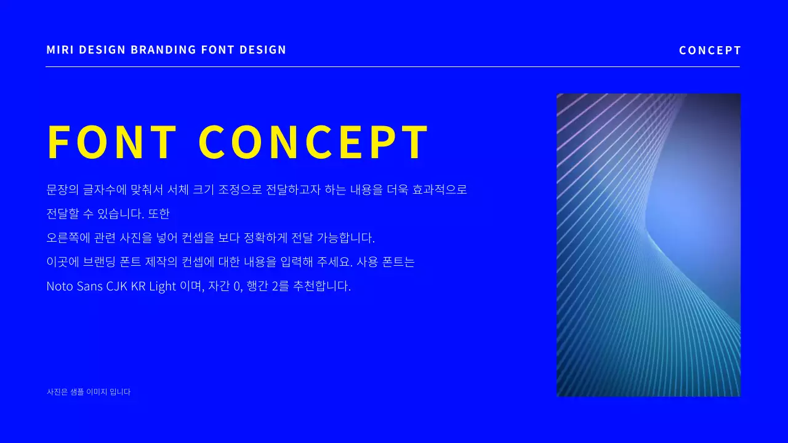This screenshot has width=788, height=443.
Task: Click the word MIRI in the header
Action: click(60, 50)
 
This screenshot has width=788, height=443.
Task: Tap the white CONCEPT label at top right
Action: click(710, 50)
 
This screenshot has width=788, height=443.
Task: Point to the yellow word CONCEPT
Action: click(314, 143)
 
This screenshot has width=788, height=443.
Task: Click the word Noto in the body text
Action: click(60, 286)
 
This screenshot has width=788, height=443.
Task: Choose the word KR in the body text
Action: click(138, 286)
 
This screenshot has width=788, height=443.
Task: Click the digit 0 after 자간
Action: click(237, 286)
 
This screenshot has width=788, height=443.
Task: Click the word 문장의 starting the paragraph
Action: click(59, 190)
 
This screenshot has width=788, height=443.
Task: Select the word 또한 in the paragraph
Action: click(159, 214)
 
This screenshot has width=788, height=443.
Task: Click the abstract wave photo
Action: click(648, 245)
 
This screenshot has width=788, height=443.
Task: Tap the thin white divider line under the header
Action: click(393, 66)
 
